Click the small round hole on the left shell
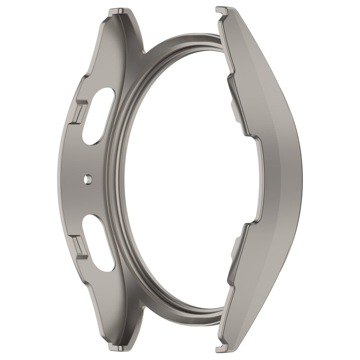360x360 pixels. coord(87,179)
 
